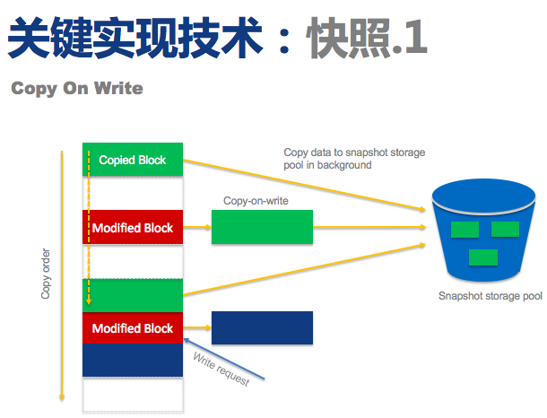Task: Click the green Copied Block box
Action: pos(133,160)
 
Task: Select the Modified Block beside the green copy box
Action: pos(133,228)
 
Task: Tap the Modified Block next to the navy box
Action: pos(133,328)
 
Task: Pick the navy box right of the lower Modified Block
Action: pos(262,328)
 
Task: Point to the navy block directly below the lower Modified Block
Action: pos(133,361)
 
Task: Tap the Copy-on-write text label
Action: pos(256,201)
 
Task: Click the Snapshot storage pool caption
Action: pos(490,296)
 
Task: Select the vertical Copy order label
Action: pos(47,274)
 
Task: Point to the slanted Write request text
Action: pos(221,368)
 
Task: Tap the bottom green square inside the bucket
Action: pos(484,257)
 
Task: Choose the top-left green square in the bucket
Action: pos(465,230)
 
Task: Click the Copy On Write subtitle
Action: pos(77,89)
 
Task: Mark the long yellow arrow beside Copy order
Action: pos(61,274)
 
